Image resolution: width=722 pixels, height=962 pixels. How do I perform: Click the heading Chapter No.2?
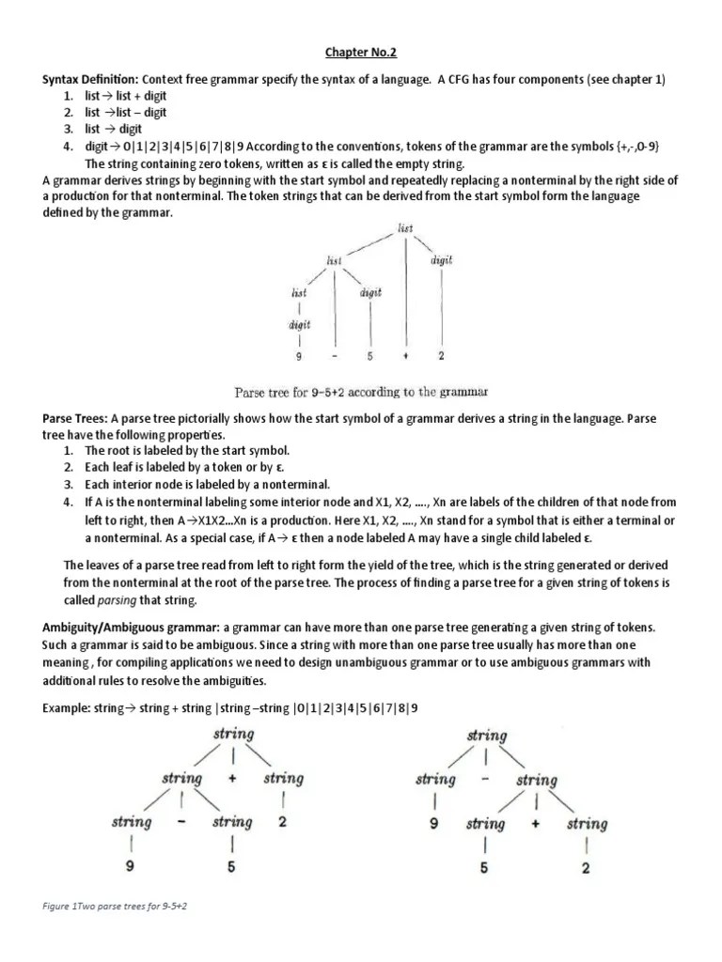point(361,53)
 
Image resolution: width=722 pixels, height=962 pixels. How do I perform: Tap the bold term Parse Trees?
point(74,416)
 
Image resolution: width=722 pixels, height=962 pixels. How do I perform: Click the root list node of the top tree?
point(405,227)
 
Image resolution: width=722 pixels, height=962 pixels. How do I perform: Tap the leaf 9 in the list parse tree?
point(298,357)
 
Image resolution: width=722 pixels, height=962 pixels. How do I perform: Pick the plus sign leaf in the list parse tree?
point(405,357)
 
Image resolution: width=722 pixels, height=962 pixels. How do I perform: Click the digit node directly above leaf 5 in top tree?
point(370,292)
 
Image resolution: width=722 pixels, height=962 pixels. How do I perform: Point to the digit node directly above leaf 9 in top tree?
point(298,325)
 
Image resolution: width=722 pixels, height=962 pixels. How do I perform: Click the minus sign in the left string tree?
point(180,822)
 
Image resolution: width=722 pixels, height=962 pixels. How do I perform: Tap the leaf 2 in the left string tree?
point(283,822)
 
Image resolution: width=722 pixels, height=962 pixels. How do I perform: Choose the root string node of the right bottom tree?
point(486,735)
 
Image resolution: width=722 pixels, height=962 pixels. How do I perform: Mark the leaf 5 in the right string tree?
point(485,868)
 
